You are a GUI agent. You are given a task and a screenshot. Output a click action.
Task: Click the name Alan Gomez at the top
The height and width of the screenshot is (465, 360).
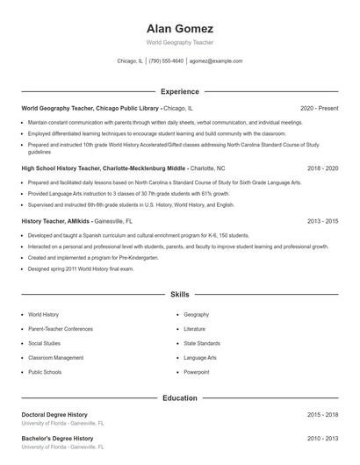tap(179, 29)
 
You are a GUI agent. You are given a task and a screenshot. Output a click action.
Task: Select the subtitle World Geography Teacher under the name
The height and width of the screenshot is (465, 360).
tap(179, 42)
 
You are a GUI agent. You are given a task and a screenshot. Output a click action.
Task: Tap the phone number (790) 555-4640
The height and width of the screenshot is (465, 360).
tap(166, 61)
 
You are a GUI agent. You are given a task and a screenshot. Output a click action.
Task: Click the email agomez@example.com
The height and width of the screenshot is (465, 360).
tap(216, 61)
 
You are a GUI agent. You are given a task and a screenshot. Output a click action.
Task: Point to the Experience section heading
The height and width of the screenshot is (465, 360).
tap(179, 91)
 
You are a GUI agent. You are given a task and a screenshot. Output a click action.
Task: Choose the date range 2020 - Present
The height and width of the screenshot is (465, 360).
tap(319, 109)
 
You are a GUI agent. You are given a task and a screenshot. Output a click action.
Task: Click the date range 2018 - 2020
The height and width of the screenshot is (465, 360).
tap(322, 167)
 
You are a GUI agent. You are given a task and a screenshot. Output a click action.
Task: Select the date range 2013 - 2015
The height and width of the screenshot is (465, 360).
tap(322, 222)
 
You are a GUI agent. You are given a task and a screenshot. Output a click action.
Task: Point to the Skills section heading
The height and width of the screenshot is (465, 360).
tap(179, 296)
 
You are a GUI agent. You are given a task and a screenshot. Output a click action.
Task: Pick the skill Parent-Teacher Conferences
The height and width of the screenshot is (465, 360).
tap(61, 329)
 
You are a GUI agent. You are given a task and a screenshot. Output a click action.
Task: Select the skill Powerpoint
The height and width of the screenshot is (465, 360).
tap(197, 372)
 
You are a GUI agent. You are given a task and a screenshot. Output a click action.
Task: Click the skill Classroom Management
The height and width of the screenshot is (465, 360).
tap(56, 358)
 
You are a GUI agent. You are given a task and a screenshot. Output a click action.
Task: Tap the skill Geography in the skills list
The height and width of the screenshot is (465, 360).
tap(197, 314)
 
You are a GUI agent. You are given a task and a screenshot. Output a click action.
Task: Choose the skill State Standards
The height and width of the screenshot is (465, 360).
tap(202, 343)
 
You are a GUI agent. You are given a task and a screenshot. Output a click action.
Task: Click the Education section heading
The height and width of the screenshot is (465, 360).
tap(179, 397)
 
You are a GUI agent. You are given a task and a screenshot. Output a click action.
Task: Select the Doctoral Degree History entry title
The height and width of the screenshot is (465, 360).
tap(54, 414)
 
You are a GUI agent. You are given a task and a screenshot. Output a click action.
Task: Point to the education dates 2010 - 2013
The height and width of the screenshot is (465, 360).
tap(322, 438)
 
